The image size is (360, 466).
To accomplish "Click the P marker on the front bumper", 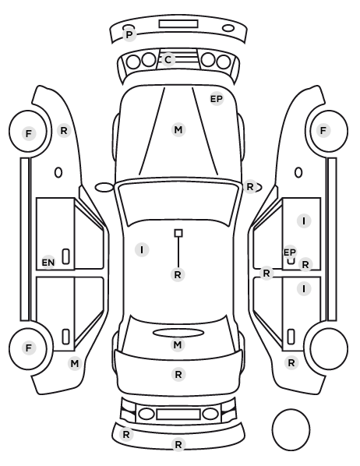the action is click(129, 35).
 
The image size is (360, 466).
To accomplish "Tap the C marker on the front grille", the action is click(168, 60).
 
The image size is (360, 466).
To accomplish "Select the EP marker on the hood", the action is click(217, 99).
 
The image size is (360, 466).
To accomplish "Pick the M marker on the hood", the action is click(178, 130).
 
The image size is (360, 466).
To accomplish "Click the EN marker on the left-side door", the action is click(48, 263).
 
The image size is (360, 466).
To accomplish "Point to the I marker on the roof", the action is click(142, 249).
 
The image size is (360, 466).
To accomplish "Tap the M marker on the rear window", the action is click(178, 345).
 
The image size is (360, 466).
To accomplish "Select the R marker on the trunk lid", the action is click(178, 375).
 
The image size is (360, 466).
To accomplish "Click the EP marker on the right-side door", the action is click(290, 252).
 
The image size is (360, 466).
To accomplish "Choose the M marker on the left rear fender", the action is click(75, 363).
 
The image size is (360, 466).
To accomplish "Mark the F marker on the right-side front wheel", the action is click(323, 130).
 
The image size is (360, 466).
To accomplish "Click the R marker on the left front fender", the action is click(64, 130).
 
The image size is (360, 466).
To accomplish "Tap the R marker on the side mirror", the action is click(250, 187).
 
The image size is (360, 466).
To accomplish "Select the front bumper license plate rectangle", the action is click(178, 24).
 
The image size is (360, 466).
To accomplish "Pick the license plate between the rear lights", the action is click(178, 414).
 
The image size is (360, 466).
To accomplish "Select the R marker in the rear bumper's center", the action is click(178, 445).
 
